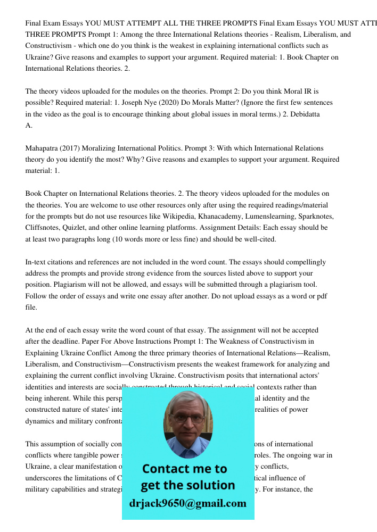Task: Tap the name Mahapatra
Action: coord(45,148)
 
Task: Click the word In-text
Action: coord(37,262)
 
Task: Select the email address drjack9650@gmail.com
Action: coord(187,503)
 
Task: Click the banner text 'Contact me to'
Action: coord(185,469)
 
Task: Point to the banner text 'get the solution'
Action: coord(187,485)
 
